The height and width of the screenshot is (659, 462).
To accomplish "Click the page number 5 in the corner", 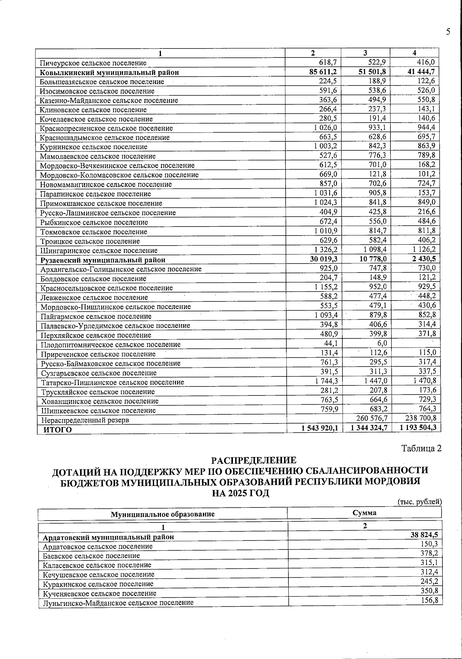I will coord(448,32).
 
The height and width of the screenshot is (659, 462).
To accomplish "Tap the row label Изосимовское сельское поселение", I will coord(97,91).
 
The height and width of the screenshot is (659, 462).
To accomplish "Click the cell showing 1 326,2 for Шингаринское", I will coord(325,250).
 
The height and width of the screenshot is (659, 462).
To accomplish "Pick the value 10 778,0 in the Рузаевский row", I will coord(370,259).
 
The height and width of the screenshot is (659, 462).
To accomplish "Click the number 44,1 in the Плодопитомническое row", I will coord(330,343).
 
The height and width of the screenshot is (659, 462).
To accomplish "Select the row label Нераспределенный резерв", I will coord(85,420).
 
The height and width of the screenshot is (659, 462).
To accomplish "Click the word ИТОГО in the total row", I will coord(57,430).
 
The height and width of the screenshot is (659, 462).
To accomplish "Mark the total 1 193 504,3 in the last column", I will coord(418,427).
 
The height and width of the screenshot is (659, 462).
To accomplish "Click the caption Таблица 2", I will coord(421,449).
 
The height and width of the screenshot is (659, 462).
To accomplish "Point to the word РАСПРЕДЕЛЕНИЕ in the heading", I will coord(254,461).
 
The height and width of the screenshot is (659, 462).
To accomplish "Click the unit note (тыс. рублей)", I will coord(419,502).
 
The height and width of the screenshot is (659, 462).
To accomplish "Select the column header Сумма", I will coord(364,513).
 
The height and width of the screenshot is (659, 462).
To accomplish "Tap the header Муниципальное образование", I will coord(162,514).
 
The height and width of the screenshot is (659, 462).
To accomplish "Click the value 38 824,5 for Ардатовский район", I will coord(424,535).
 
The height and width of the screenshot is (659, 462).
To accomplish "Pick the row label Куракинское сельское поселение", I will coord(98,584).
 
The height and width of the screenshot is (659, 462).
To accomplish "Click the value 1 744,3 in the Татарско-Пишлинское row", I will coord(326,381).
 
